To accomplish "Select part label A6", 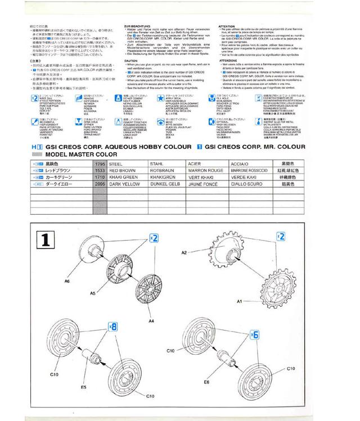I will (x=67, y=279).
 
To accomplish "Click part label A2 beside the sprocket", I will (x=184, y=253).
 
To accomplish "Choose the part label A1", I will (x=239, y=301).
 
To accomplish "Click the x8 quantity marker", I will (x=113, y=325).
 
